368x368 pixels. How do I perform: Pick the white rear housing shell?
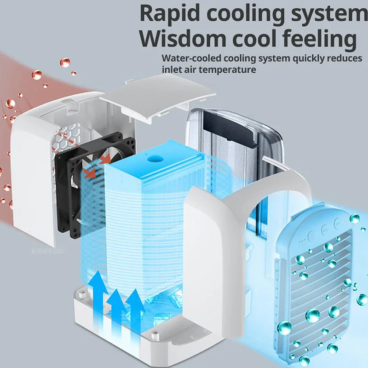click(34, 175)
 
